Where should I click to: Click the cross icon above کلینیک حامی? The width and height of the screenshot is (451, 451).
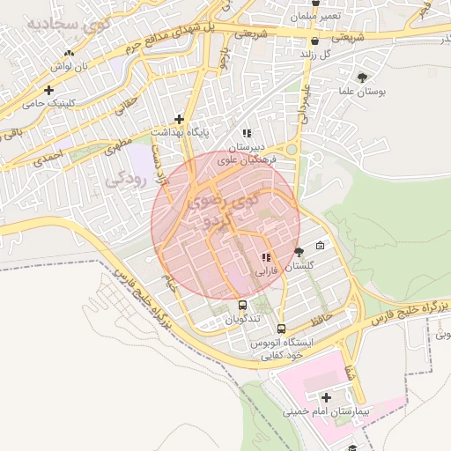pos(48,89)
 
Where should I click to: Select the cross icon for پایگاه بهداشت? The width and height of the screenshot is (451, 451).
pos(179,119)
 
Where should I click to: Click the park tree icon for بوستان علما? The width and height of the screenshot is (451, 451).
pos(363,78)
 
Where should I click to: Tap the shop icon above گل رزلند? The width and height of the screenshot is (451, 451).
pos(314,40)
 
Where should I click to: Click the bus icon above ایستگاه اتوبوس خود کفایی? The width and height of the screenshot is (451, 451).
pos(281,328)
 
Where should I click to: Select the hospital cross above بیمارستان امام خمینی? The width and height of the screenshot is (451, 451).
pos(326,397)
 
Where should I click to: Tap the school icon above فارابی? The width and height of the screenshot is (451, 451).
pos(265,258)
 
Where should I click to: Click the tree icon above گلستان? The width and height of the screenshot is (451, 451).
pos(299,252)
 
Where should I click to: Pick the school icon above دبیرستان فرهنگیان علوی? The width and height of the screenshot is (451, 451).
pos(247,133)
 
